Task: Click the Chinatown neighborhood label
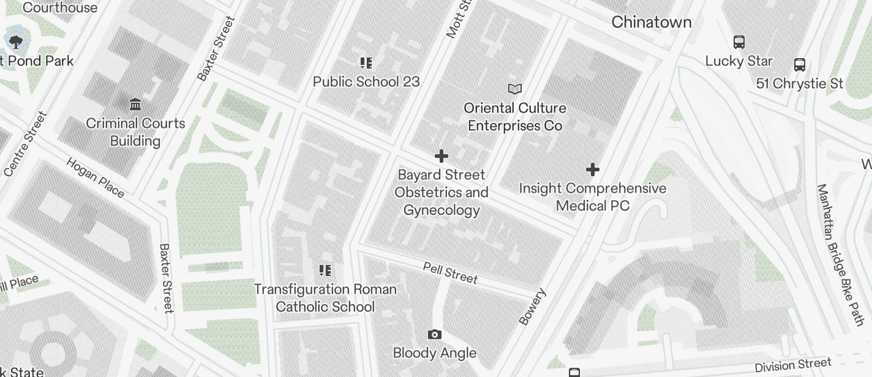click(x=652, y=22)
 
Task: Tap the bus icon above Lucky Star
click(x=739, y=42)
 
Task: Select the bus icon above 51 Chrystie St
click(x=799, y=64)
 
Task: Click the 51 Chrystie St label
click(x=799, y=83)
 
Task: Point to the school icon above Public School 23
click(x=366, y=62)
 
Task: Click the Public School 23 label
click(x=366, y=81)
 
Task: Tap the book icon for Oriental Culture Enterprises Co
click(x=515, y=89)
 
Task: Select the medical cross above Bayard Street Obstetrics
click(x=441, y=156)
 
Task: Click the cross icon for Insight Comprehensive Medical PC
click(x=592, y=169)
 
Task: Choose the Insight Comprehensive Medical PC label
click(x=592, y=196)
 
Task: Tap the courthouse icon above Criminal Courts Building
click(x=135, y=104)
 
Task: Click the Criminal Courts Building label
click(x=135, y=132)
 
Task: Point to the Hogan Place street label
click(x=95, y=177)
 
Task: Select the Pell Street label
click(x=450, y=272)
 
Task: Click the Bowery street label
click(x=532, y=307)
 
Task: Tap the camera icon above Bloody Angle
click(x=434, y=334)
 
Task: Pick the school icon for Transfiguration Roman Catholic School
click(x=325, y=270)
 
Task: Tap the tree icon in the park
click(x=15, y=42)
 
